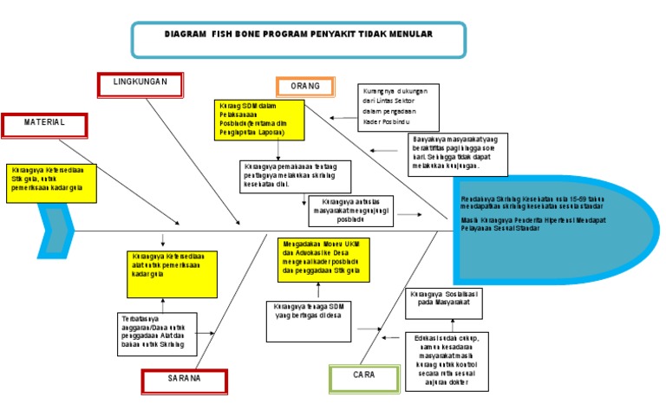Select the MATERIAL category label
click(44, 124)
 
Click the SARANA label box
click(184, 380)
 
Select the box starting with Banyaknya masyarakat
click(458, 153)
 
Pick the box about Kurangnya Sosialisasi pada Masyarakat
click(441, 301)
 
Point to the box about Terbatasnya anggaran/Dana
click(156, 334)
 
